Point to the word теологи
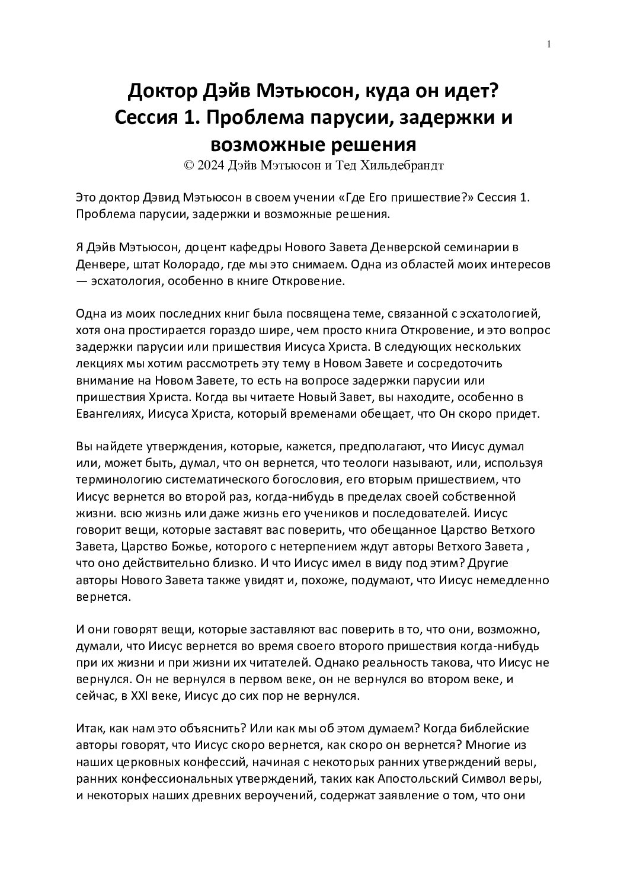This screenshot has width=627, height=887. tap(340, 462)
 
